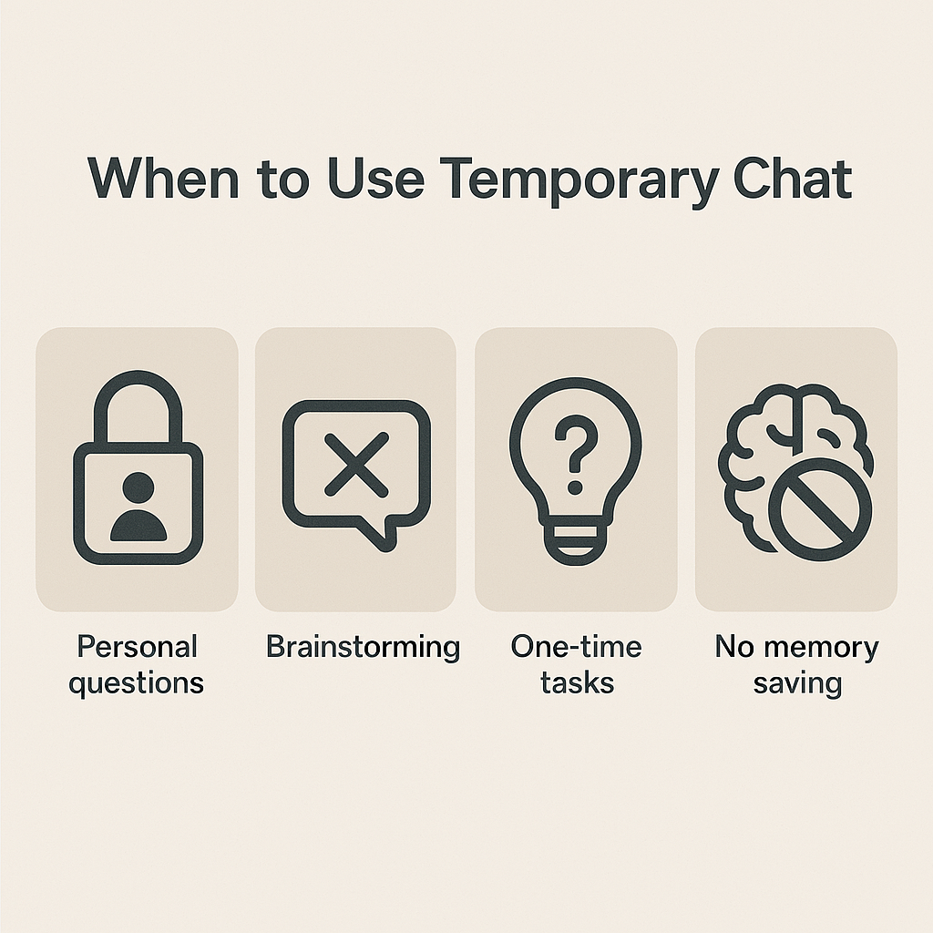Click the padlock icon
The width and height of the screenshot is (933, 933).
point(138,474)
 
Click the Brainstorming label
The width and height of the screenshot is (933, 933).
point(363,647)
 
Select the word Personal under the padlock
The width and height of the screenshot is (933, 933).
point(138,647)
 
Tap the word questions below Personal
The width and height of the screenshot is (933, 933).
point(137,682)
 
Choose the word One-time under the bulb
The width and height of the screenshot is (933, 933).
point(576,647)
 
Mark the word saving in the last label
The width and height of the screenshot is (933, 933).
point(797,682)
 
